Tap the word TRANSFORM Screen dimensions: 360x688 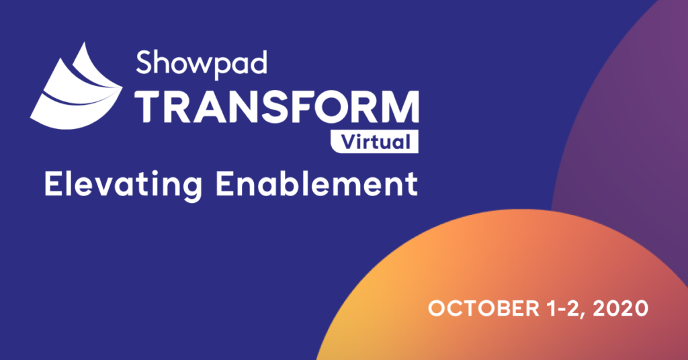pos(277,107)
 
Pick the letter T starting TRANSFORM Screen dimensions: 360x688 pos(149,107)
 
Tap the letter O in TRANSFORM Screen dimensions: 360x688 pos(327,107)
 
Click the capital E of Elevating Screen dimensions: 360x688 pos(54,184)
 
